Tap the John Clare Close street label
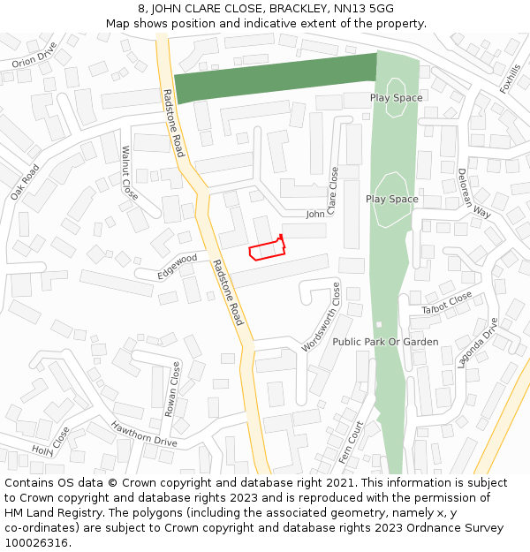click(x=323, y=212)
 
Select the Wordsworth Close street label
click(x=321, y=317)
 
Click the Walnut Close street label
click(x=130, y=172)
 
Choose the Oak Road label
click(x=26, y=182)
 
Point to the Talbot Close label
click(x=447, y=304)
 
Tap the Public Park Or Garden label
click(x=373, y=342)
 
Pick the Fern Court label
click(x=351, y=442)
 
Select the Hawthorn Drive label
click(x=144, y=433)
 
